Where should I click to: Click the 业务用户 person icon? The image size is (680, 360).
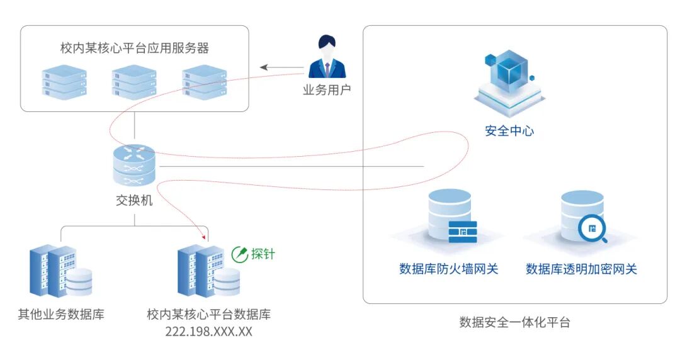[x=327, y=58]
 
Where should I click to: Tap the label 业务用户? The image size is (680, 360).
[x=327, y=90]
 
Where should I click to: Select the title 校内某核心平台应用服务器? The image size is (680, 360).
[x=135, y=48]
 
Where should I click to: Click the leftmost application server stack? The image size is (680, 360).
[x=64, y=81]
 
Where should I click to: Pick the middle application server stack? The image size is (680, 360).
[x=134, y=81]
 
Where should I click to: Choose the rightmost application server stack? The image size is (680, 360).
[x=204, y=81]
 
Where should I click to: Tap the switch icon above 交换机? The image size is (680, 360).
[x=134, y=166]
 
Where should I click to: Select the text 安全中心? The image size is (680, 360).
[x=509, y=131]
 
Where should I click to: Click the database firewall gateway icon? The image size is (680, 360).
[x=451, y=218]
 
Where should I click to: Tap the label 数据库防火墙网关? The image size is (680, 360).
[x=449, y=269]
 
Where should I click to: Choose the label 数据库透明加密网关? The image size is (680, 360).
[x=581, y=269]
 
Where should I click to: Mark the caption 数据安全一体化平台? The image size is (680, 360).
[x=514, y=323]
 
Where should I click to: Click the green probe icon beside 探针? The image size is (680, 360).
[x=240, y=254]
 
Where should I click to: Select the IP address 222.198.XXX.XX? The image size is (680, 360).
[x=208, y=332]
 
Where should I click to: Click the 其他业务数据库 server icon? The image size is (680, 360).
[x=60, y=271]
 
